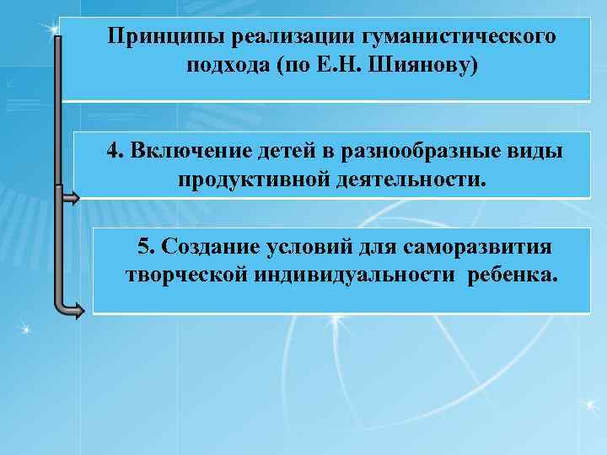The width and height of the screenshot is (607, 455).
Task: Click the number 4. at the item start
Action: point(115,152)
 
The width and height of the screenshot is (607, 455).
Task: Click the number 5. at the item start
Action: point(146,247)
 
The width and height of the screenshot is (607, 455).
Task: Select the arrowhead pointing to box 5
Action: point(77,310)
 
